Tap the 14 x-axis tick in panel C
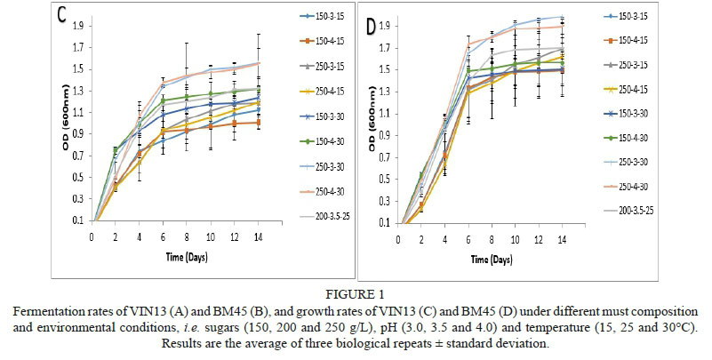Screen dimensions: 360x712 (x=257, y=237)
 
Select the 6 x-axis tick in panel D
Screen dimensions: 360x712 (x=468, y=237)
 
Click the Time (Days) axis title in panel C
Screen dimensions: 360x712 (x=175, y=254)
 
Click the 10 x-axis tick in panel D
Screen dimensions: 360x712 (x=516, y=237)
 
